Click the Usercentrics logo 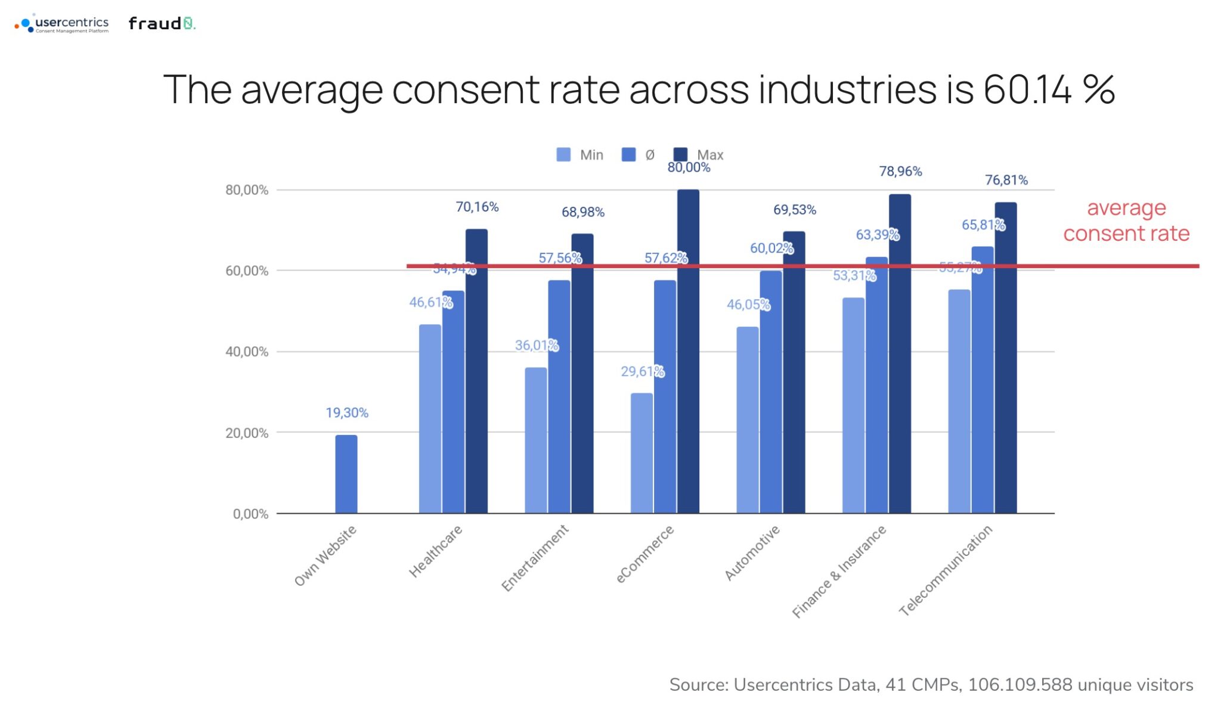[x=62, y=24]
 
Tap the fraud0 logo [x=162, y=23]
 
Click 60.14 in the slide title [x=1027, y=90]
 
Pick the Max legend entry [x=698, y=155]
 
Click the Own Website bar [x=346, y=474]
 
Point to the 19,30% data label [x=347, y=412]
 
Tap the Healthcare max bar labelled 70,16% [x=476, y=369]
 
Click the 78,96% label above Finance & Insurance [x=900, y=172]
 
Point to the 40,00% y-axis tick [x=247, y=352]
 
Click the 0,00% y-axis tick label [x=250, y=514]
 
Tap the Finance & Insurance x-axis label [x=839, y=572]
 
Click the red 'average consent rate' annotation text [x=1126, y=220]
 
